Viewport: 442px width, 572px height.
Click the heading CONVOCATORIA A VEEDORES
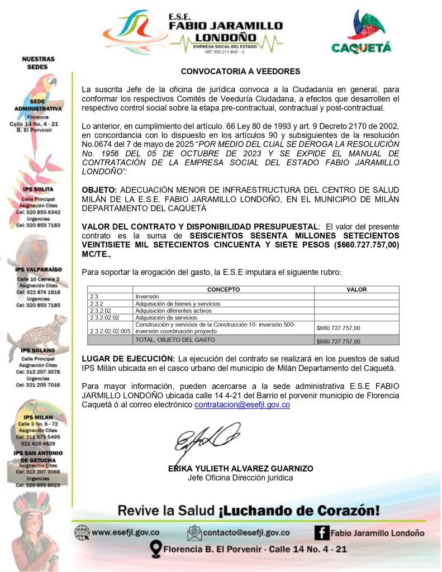click(x=240, y=71)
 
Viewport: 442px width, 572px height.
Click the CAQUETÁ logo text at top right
click(x=361, y=48)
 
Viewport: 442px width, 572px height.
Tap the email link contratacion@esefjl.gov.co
click(x=242, y=405)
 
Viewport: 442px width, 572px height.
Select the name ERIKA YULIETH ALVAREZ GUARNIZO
click(x=240, y=469)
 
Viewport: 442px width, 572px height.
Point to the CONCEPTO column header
click(x=224, y=290)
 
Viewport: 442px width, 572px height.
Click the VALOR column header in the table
click(x=357, y=290)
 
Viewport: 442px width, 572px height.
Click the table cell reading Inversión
click(x=148, y=297)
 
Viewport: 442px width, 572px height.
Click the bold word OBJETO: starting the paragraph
click(x=99, y=189)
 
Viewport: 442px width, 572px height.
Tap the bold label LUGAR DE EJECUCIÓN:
click(x=128, y=358)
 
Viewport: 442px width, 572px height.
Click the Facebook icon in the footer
click(x=321, y=532)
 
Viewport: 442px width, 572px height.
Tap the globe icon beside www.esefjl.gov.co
click(x=82, y=533)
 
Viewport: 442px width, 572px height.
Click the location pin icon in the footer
click(x=156, y=550)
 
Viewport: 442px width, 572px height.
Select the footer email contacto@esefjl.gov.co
click(x=246, y=533)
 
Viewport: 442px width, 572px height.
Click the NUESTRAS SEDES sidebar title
click(x=38, y=63)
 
